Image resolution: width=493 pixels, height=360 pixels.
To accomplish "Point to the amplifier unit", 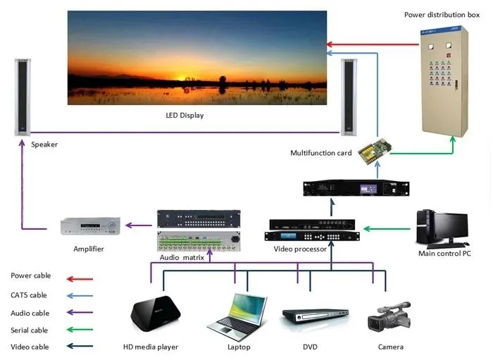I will (90, 226).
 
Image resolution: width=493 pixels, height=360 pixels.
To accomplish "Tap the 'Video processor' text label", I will (300, 249).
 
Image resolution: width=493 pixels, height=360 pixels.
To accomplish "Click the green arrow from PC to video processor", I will (385, 228).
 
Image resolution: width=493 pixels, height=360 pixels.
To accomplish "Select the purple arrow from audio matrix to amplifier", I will (139, 226).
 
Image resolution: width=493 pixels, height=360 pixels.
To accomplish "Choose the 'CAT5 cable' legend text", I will (29, 295).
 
